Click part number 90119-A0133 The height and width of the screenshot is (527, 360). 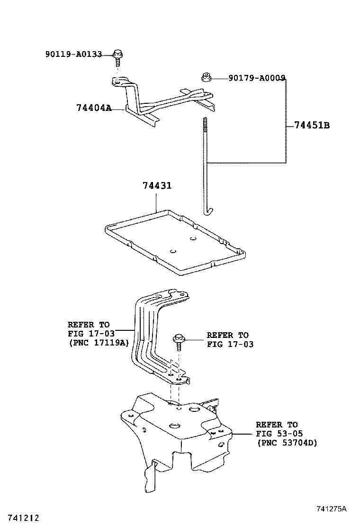pos(73,54)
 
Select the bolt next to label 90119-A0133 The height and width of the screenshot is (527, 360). pos(117,59)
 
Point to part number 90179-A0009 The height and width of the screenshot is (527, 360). pos(257,78)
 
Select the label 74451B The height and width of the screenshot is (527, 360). pos(312,126)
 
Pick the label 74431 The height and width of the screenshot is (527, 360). pos(157,185)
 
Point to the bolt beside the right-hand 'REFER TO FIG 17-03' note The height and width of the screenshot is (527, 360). pos(178,342)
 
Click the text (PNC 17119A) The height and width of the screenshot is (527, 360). pos(99,344)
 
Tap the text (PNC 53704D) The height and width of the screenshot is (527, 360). pos(287,443)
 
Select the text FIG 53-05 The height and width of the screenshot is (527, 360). pos(279,434)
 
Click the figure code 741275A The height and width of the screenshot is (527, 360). pos(331,509)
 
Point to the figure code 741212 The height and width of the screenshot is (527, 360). pos(24,518)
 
